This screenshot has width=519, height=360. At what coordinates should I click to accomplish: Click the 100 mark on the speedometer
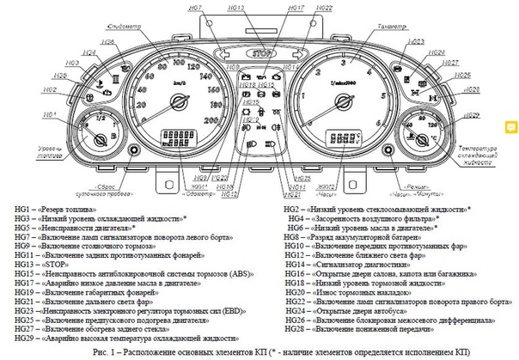pyautogui.click(x=177, y=61)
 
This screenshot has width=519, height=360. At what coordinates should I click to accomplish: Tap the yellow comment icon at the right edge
pyautogui.click(x=510, y=128)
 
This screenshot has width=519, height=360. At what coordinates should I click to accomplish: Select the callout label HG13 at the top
pyautogui.click(x=238, y=7)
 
